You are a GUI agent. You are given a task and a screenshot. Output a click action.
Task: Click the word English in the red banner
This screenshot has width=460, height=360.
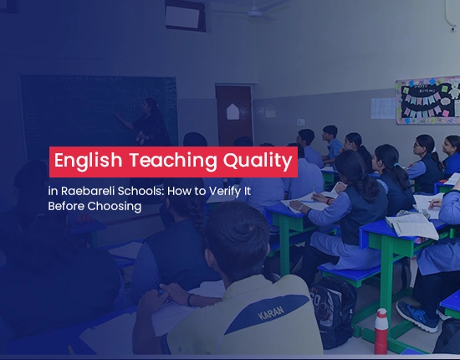[88, 161]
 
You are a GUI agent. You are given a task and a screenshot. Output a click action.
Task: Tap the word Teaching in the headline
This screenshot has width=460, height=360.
[173, 161]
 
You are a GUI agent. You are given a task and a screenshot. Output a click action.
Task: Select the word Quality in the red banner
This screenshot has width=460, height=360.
[258, 162]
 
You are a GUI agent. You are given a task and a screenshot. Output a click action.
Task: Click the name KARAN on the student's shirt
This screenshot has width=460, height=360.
[271, 313]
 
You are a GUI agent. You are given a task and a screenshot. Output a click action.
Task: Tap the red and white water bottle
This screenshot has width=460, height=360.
[381, 332]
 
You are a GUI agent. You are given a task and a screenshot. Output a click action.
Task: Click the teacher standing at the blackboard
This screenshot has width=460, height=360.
[146, 123]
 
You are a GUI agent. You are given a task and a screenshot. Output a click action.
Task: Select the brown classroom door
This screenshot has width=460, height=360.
[234, 115]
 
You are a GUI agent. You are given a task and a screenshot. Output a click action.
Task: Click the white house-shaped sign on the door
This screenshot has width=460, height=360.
[233, 111]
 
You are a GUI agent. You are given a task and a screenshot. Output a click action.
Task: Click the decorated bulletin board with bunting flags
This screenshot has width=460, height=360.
[428, 100]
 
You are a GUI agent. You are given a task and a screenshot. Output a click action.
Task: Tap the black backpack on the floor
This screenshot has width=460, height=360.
[333, 312]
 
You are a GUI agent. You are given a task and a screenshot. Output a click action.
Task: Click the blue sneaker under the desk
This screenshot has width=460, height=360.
[417, 316]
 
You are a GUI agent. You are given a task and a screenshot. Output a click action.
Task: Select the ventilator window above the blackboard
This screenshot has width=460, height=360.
[185, 15]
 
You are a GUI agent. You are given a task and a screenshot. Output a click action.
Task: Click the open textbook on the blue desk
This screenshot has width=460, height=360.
[411, 225]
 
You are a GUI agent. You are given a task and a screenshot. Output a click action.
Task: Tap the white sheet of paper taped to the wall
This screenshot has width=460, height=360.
[383, 108]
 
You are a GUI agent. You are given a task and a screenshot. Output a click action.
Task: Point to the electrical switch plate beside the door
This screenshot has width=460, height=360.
[301, 122]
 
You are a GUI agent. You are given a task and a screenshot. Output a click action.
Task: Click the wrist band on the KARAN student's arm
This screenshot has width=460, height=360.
[190, 300]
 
